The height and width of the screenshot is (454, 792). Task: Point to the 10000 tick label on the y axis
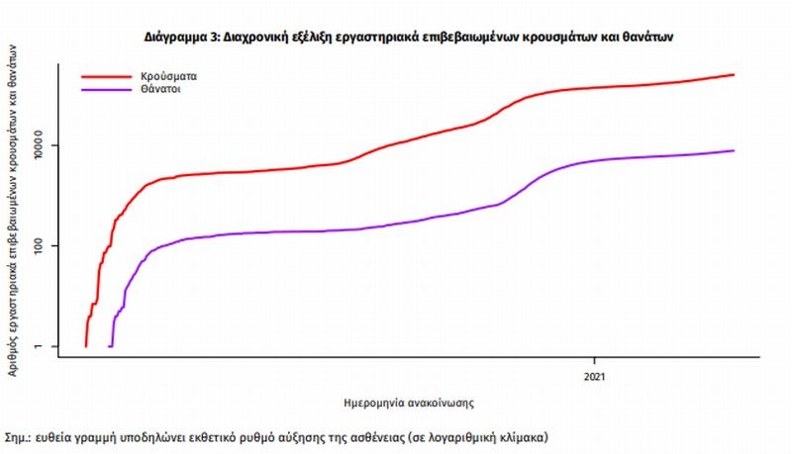click(42, 145)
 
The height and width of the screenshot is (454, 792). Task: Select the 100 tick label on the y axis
click(42, 245)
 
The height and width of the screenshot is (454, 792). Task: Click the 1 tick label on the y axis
click(42, 346)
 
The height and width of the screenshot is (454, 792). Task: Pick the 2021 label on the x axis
click(595, 377)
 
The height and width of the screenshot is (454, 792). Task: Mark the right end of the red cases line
click(734, 74)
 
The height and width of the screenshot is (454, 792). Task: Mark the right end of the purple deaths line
click(734, 150)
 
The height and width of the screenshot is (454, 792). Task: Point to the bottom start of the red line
click(86, 346)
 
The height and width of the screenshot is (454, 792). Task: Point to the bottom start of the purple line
click(109, 346)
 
